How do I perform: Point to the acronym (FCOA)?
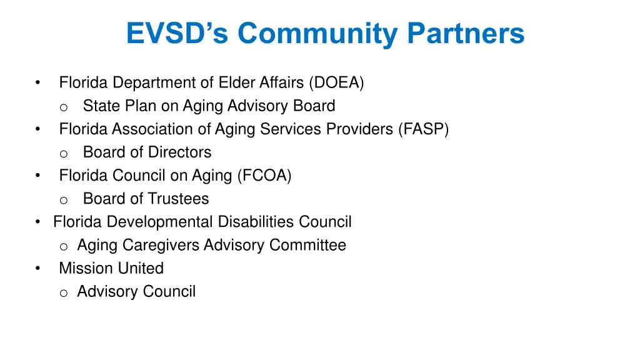pyautogui.click(x=264, y=176)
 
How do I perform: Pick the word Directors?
pyautogui.click(x=178, y=152)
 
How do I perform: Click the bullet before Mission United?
pyautogui.click(x=38, y=269)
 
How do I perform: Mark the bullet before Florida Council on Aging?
pyautogui.click(x=38, y=176)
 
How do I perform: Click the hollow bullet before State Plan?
pyautogui.click(x=63, y=107)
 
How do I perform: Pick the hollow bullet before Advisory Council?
pyautogui.click(x=63, y=292)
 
